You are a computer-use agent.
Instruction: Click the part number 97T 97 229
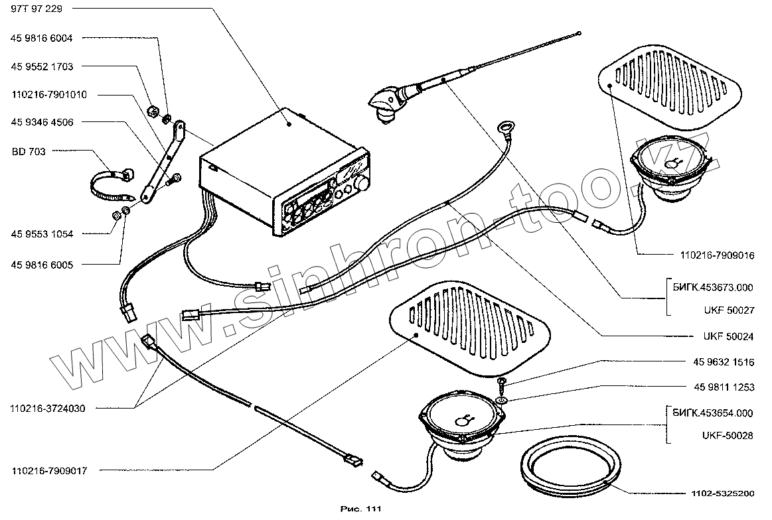click(x=38, y=10)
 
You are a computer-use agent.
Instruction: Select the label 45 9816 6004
click(x=42, y=38)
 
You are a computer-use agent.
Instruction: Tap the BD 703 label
click(x=29, y=151)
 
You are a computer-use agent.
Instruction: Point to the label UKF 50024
click(x=727, y=337)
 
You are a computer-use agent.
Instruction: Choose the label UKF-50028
click(x=726, y=435)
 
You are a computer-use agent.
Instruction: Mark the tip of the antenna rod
click(x=579, y=32)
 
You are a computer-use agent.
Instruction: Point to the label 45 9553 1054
click(x=42, y=233)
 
